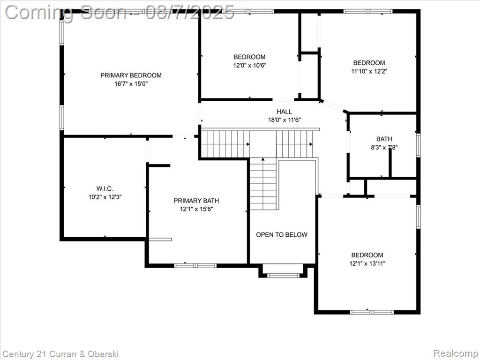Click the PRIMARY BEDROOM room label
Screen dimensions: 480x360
pyautogui.click(x=131, y=75)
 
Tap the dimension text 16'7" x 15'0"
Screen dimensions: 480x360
pyautogui.click(x=131, y=84)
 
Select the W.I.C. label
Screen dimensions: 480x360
pyautogui.click(x=105, y=188)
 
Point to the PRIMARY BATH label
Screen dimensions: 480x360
pyautogui.click(x=196, y=201)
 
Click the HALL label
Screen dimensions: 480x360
pyautogui.click(x=285, y=112)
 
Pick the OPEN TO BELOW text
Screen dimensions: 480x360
pyautogui.click(x=282, y=235)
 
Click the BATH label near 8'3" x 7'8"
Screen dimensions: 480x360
pyautogui.click(x=384, y=139)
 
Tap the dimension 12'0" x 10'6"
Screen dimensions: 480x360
pyautogui.click(x=249, y=66)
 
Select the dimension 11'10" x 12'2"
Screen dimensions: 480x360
pyautogui.click(x=369, y=72)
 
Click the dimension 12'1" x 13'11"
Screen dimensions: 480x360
pyautogui.click(x=367, y=263)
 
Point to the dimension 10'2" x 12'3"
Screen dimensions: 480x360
pyautogui.click(x=105, y=197)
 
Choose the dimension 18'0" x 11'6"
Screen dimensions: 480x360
pyautogui.click(x=285, y=120)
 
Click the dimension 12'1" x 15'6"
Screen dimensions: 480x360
pyautogui.click(x=196, y=210)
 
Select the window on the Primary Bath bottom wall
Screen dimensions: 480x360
pyautogui.click(x=195, y=265)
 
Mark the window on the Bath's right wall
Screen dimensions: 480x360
pyautogui.click(x=418, y=145)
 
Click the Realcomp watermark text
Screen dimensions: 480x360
pyautogui.click(x=456, y=353)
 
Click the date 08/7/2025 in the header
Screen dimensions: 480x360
pyautogui.click(x=189, y=13)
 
